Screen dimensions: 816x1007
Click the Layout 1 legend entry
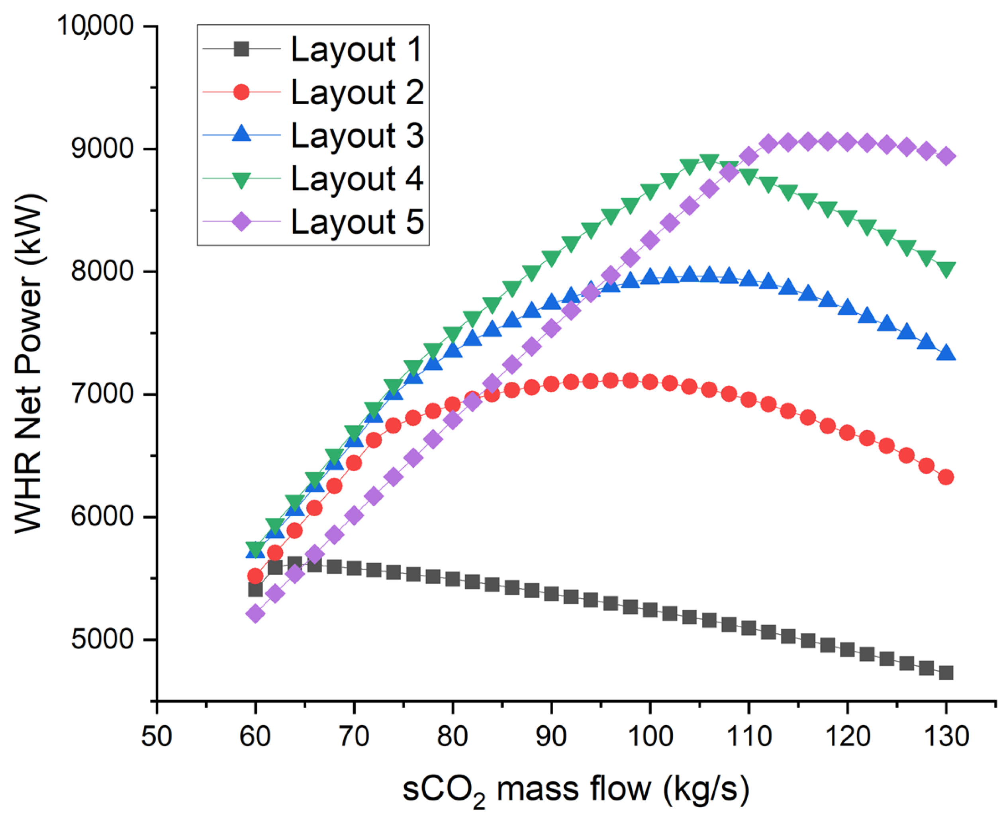coord(356,49)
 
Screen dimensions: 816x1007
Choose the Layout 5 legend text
coord(357,221)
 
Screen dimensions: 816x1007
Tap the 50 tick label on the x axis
coord(157,736)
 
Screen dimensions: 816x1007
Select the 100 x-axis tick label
coord(650,736)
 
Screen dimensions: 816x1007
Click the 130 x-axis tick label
coord(945,736)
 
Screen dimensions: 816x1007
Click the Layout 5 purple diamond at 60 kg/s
coord(255,613)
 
